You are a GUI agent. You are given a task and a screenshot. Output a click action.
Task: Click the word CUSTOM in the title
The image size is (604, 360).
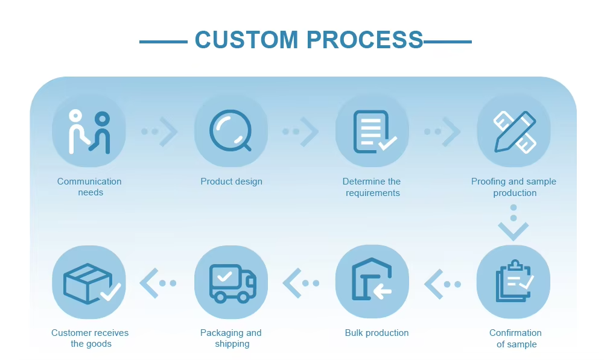tap(246, 40)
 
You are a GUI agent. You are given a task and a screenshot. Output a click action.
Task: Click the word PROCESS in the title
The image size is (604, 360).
tap(364, 40)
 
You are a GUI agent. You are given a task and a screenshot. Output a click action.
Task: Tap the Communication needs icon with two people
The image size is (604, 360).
tap(89, 131)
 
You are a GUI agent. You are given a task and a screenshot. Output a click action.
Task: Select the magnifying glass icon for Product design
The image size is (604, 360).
tap(230, 131)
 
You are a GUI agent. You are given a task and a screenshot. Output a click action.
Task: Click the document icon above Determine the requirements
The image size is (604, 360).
tap(372, 131)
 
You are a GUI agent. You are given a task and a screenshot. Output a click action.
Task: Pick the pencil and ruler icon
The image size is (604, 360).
tap(513, 131)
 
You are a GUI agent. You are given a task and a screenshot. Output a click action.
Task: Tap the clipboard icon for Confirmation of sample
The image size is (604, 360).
tap(513, 282)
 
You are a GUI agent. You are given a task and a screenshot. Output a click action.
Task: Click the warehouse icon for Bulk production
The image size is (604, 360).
tap(372, 282)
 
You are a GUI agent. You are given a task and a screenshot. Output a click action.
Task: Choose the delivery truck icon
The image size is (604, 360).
tap(230, 282)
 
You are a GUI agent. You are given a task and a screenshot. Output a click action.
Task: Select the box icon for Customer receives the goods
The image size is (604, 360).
tap(89, 282)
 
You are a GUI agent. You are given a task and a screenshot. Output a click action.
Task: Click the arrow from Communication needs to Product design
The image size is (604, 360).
tap(160, 131)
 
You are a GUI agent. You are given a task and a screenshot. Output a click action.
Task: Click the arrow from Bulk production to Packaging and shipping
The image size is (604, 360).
tap(301, 283)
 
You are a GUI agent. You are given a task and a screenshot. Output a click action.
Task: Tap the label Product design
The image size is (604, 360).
tap(231, 182)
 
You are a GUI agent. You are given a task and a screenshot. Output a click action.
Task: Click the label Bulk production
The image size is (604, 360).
tap(377, 333)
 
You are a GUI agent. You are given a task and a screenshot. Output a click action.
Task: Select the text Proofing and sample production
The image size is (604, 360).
tap(514, 187)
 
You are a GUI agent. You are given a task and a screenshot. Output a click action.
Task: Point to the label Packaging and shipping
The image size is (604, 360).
tap(231, 338)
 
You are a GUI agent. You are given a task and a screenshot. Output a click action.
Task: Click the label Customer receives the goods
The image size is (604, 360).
tap(90, 338)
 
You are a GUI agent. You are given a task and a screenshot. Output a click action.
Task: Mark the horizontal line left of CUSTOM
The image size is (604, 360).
tap(163, 42)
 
